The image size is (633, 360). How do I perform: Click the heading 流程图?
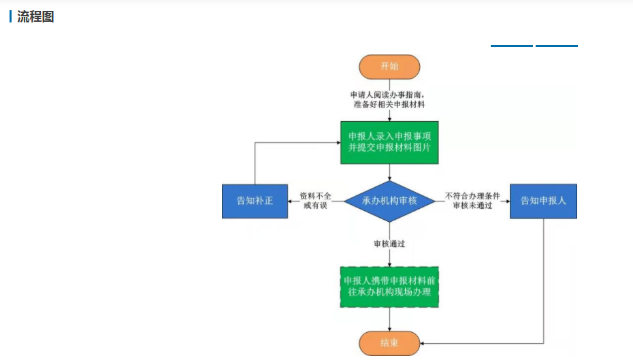point(35,17)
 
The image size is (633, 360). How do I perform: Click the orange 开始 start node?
point(389,67)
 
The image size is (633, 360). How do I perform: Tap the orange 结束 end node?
point(389,343)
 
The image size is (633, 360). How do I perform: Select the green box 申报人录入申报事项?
point(389,142)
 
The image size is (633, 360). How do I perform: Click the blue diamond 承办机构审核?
point(389,201)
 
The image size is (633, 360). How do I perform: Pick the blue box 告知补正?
point(255,201)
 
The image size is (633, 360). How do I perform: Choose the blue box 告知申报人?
point(543,201)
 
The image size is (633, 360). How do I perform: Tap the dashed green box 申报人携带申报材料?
point(389,287)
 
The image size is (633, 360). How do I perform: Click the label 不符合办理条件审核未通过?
point(472,201)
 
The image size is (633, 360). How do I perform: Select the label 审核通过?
point(389,243)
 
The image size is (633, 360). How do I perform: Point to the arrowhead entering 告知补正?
point(291,201)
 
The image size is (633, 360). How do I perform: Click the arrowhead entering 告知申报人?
point(507,201)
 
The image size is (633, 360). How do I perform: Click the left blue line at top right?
point(512,46)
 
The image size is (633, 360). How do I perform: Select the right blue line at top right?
point(557,46)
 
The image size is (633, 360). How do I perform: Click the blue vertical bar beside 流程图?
point(10,17)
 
